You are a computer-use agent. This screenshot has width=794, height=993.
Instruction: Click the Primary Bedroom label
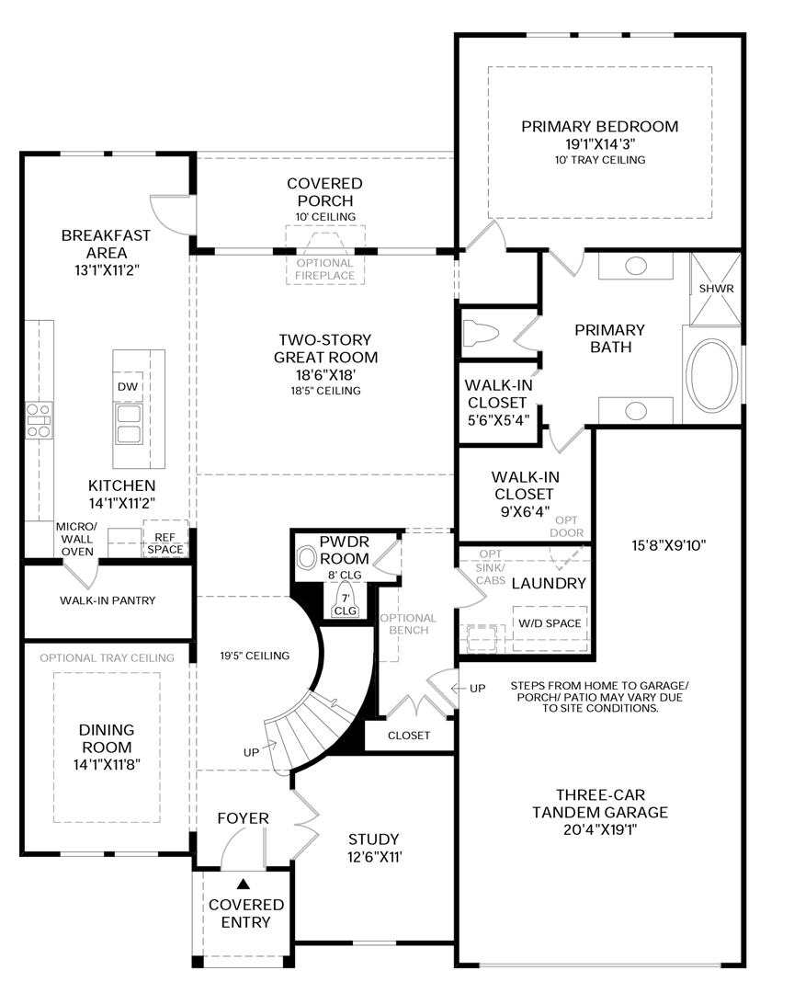(599, 127)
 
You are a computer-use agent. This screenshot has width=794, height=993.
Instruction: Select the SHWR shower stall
(716, 288)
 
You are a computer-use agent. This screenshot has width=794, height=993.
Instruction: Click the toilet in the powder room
(307, 557)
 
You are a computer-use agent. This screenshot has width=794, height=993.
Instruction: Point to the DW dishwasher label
(128, 387)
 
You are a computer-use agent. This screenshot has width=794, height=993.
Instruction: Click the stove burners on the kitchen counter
(40, 419)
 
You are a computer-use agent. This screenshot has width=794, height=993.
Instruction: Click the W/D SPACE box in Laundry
(550, 623)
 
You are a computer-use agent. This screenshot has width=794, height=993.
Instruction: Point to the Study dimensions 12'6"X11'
(373, 857)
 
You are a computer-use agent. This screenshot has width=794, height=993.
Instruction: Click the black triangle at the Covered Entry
(244, 884)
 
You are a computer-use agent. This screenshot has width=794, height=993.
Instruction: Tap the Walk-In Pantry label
(108, 600)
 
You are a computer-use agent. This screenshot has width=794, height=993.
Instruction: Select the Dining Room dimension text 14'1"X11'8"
(107, 763)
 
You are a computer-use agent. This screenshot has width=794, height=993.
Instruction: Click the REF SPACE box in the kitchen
(165, 543)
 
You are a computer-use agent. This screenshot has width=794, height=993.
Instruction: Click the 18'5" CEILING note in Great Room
(325, 391)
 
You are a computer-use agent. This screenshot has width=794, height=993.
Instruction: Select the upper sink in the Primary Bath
(635, 266)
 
